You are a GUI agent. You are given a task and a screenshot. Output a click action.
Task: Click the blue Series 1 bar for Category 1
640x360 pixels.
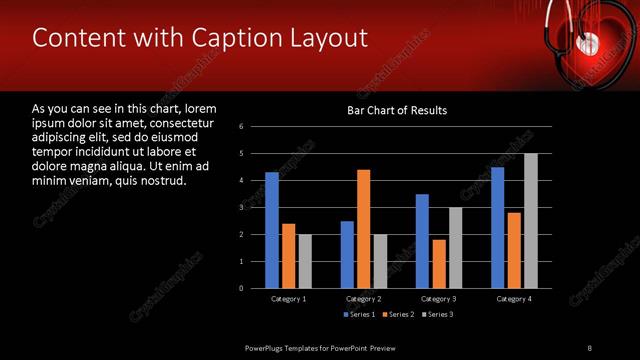click(x=271, y=230)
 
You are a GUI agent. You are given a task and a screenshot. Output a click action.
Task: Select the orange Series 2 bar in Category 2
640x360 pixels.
click(x=363, y=229)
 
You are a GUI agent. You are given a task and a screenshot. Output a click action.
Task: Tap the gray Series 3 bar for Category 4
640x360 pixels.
click(x=530, y=221)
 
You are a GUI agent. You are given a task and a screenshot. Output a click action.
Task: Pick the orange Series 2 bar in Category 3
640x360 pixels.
click(x=439, y=264)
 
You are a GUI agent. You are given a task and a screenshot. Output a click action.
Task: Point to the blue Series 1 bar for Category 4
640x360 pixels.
click(x=497, y=227)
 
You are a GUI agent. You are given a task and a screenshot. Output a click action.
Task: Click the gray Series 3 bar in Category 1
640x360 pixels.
click(x=304, y=261)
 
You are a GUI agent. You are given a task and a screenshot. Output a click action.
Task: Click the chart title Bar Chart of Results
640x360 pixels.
click(x=397, y=110)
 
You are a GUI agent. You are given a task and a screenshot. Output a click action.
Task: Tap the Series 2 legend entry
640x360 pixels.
click(x=397, y=315)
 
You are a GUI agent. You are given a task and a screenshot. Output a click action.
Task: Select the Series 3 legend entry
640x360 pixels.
click(x=436, y=315)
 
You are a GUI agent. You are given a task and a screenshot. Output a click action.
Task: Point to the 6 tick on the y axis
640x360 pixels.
click(x=242, y=127)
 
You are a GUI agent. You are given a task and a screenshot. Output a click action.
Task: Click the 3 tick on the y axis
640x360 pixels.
click(x=242, y=207)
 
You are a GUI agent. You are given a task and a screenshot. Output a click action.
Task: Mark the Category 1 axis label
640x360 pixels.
click(x=288, y=299)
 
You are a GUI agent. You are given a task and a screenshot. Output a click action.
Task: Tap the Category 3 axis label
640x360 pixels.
click(x=438, y=299)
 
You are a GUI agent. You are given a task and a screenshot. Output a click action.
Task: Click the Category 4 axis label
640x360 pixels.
click(x=513, y=299)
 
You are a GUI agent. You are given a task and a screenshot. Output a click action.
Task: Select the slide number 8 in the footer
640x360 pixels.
click(x=589, y=347)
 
